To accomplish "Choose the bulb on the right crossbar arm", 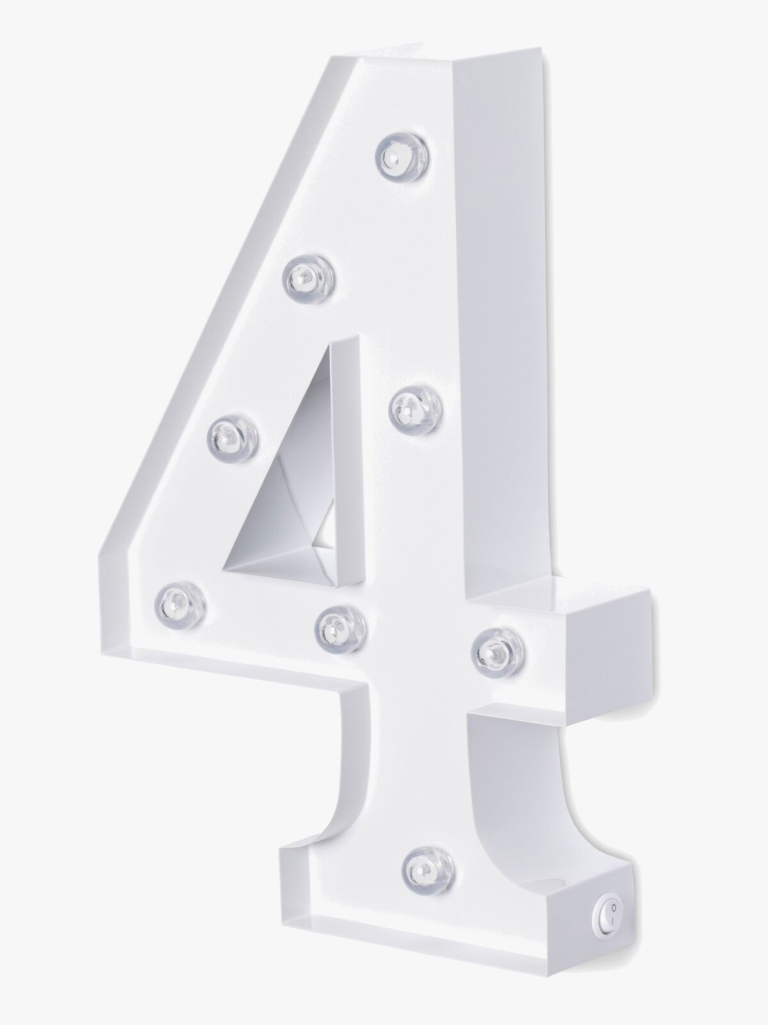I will [500, 651].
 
